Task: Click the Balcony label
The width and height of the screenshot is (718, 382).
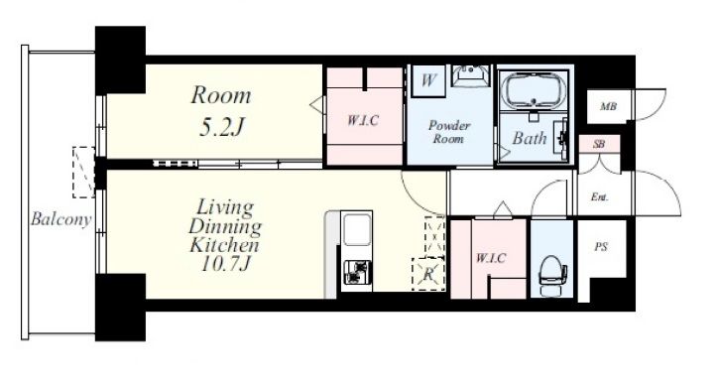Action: [60, 219]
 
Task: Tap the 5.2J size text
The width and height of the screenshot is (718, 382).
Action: [221, 128]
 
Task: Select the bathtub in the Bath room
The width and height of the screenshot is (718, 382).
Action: [533, 90]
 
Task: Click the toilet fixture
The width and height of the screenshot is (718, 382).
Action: [553, 274]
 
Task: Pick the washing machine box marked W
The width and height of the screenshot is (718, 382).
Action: [428, 80]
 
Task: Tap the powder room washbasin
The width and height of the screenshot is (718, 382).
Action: [471, 75]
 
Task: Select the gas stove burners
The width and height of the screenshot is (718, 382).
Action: [356, 272]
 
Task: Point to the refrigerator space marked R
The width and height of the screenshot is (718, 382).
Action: [428, 274]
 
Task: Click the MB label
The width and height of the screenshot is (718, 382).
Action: [608, 107]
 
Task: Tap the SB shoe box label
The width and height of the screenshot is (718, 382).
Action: [598, 144]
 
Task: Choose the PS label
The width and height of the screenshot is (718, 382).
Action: [601, 247]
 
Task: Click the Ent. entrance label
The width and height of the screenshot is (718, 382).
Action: [599, 197]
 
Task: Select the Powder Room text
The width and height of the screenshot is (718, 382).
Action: [449, 132]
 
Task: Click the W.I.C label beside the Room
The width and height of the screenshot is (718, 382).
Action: [363, 120]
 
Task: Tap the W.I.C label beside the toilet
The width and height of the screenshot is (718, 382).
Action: [491, 258]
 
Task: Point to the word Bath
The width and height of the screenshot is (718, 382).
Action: [530, 138]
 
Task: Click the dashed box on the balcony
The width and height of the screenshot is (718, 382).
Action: [83, 173]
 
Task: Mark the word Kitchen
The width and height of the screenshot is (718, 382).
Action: [224, 245]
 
